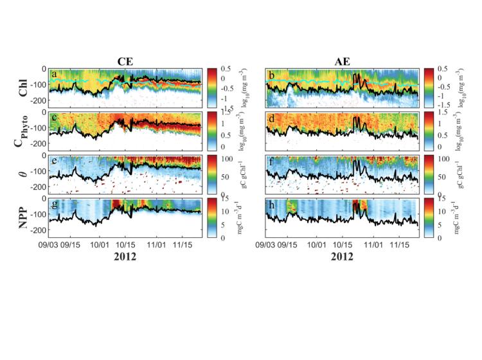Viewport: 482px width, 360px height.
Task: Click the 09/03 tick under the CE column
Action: (50, 245)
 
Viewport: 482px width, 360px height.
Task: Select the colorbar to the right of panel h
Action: (428, 217)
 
